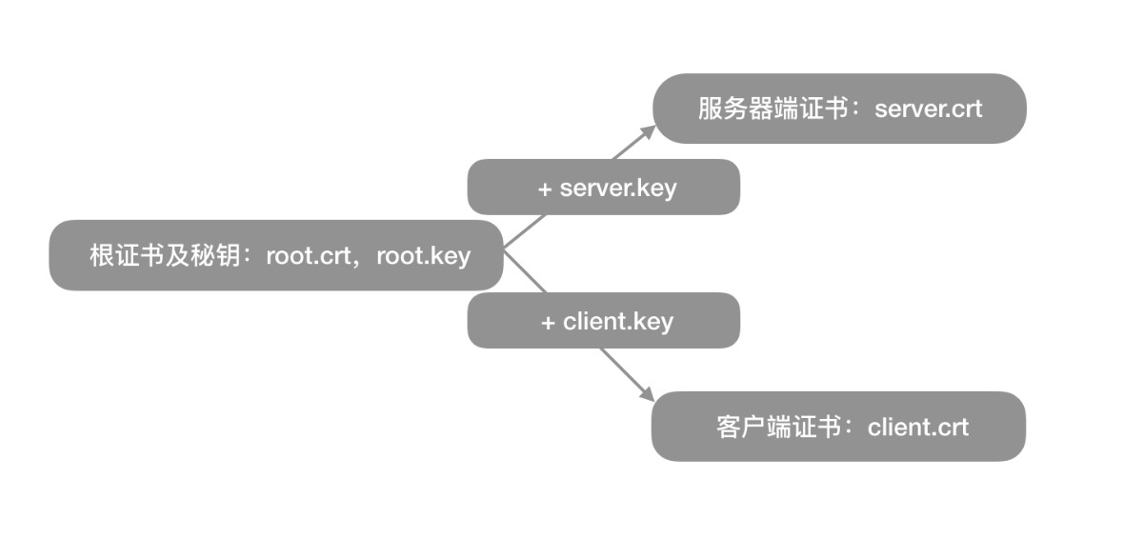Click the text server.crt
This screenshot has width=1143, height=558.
point(928,110)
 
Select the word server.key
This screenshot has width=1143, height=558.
point(618,189)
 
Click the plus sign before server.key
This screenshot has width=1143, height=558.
point(545,189)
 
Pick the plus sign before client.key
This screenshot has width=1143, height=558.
point(548,324)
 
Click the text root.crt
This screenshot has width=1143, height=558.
point(309,256)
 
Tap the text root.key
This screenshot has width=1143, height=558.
point(423,256)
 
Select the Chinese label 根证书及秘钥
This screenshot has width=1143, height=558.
point(165,255)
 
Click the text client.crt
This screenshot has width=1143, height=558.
point(917,428)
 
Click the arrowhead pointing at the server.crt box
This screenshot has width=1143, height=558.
point(648,132)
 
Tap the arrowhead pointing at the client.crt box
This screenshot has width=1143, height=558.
point(647,394)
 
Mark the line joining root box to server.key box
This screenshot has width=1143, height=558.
point(525,231)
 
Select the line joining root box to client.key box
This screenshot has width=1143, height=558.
point(525,270)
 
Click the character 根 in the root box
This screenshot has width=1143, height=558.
point(102,255)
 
